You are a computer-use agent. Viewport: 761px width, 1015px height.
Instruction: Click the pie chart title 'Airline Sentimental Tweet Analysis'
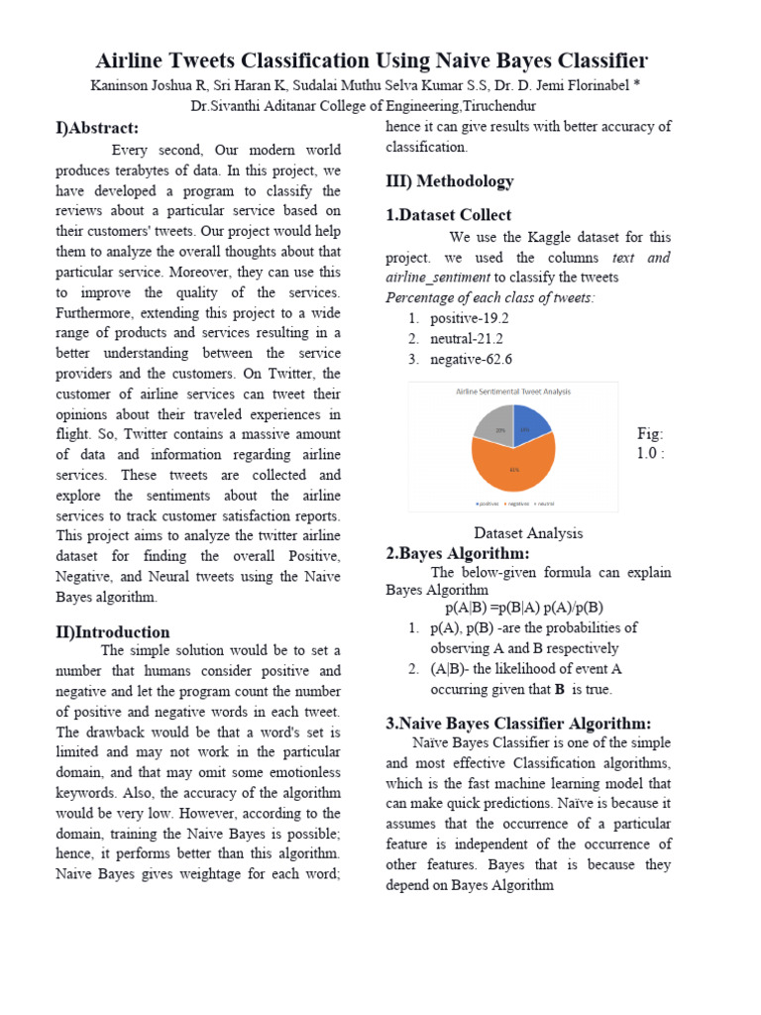(x=512, y=392)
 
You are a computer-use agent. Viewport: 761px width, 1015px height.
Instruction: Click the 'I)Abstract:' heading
(x=96, y=128)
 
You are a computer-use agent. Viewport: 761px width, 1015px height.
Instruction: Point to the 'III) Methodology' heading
(x=449, y=181)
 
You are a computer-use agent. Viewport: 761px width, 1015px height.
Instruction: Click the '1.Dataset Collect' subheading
(x=448, y=215)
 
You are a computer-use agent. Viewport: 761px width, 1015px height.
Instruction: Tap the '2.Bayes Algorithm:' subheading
(x=457, y=553)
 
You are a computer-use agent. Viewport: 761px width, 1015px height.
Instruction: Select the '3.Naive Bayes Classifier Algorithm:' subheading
(x=517, y=724)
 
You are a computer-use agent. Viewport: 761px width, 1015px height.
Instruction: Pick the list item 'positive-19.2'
(x=470, y=318)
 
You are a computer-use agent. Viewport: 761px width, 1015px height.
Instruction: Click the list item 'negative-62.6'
(x=471, y=360)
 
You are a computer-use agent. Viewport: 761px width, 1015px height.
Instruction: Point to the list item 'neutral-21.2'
(x=468, y=339)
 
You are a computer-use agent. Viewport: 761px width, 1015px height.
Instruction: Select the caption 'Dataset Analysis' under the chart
(x=528, y=533)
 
